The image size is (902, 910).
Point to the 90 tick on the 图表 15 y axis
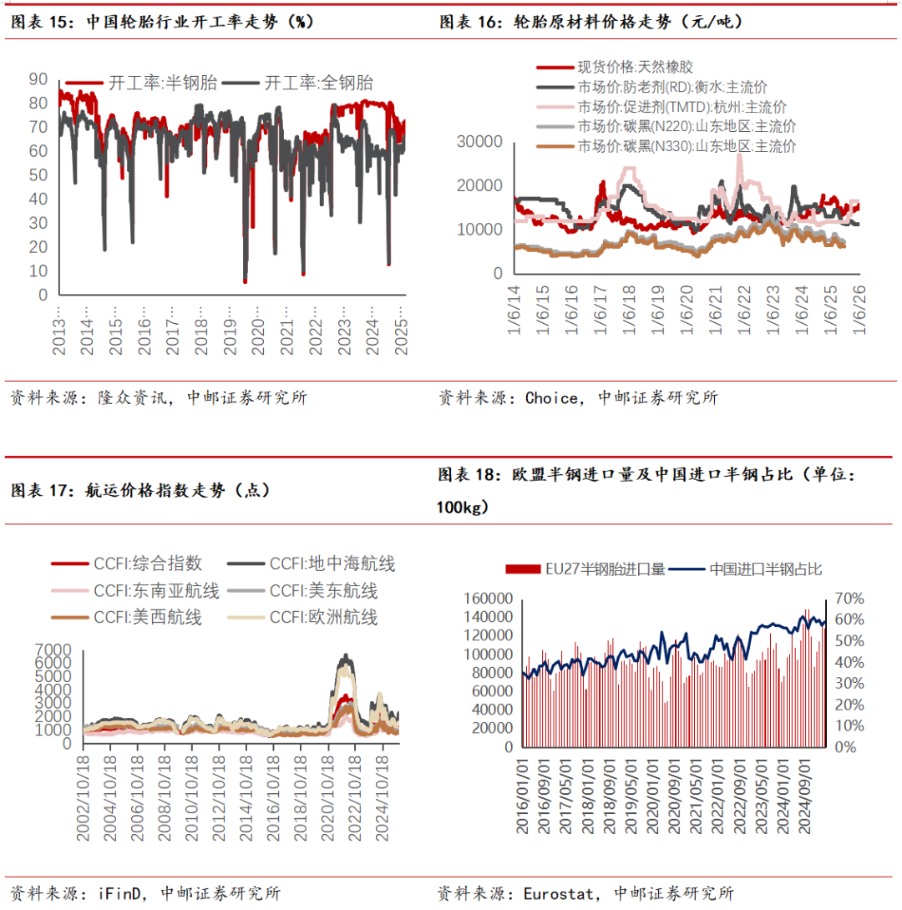[38, 79]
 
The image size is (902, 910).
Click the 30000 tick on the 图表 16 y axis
[479, 142]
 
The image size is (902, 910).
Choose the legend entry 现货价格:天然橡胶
[635, 68]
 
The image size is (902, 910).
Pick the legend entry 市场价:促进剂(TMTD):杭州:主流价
[682, 107]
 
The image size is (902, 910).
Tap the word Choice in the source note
[551, 398]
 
